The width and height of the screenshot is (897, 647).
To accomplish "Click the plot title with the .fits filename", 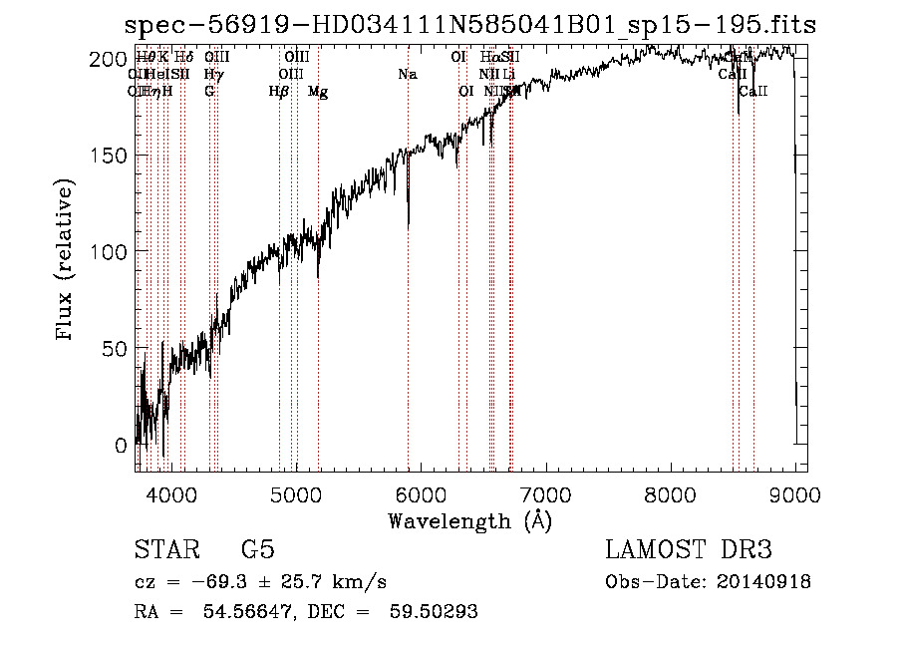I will (469, 25).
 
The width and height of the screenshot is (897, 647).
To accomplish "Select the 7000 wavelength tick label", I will (546, 492).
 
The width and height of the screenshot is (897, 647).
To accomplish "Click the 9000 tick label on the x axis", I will (795, 492).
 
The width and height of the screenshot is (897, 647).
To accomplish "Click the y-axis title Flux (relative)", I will (66, 261).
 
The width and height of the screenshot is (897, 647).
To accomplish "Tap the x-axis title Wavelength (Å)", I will (469, 520).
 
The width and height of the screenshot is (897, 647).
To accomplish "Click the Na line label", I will (407, 75).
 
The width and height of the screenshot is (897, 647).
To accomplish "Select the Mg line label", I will (318, 92).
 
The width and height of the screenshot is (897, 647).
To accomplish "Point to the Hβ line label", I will (279, 92).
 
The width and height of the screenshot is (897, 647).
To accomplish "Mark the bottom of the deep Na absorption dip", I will (408, 226).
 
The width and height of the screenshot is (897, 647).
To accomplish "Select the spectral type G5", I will (257, 550).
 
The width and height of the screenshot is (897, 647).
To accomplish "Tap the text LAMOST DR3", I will (689, 550).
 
